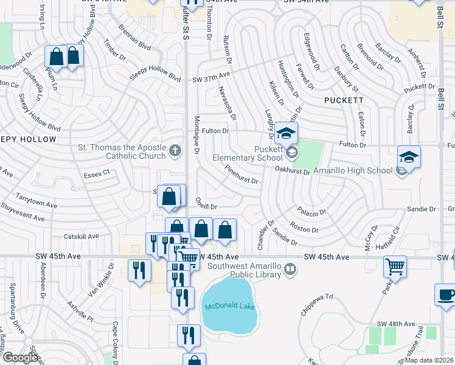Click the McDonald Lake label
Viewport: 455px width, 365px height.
coord(229,306)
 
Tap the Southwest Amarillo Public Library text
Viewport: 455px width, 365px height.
coord(245,269)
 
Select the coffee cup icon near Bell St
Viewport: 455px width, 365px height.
coord(446,294)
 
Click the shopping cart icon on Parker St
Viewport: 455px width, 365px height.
coord(395,266)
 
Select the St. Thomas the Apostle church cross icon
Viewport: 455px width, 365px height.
coord(175,150)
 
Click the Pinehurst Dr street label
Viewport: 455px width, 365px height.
coord(241,175)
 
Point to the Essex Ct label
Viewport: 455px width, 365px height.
coord(97,173)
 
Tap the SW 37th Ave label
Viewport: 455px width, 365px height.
coord(211,75)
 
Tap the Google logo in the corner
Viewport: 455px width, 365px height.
coord(21,357)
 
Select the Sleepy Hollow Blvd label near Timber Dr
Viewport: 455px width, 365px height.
coord(156,77)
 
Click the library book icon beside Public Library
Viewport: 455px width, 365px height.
coord(291,268)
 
